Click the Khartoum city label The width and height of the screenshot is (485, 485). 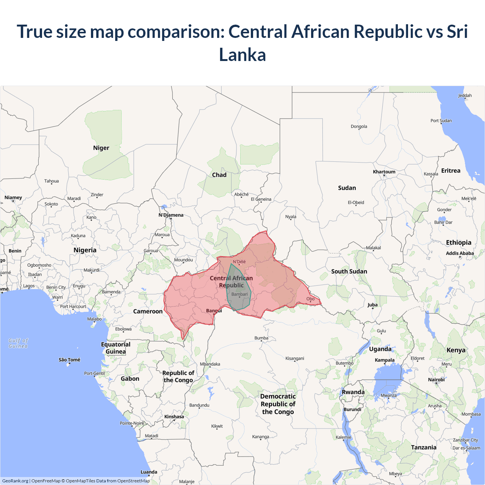coord(384,172)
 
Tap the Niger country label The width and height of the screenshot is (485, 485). coord(101,148)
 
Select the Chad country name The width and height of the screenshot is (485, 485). coord(219,175)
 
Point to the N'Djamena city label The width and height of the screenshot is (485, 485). coord(171,215)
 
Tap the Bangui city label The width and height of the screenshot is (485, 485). coord(214,311)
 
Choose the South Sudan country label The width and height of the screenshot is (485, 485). coord(349,271)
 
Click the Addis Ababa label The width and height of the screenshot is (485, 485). coord(460,253)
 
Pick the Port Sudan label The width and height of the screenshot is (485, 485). coord(441,120)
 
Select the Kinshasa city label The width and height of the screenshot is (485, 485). coord(174,416)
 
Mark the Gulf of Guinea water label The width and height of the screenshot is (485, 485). coord(18,343)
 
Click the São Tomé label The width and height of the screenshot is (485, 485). coord(69,360)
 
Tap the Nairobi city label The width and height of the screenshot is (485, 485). coord(436,380)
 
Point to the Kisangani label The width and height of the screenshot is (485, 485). coord(295,358)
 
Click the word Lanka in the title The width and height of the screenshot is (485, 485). coord(242,55)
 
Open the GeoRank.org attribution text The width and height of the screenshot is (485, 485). coord(15,481)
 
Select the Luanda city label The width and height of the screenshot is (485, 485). coord(149,472)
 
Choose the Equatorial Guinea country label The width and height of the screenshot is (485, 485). coord(116,348)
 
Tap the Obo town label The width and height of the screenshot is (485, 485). coord(310,299)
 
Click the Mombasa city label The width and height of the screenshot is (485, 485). coord(471,414)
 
